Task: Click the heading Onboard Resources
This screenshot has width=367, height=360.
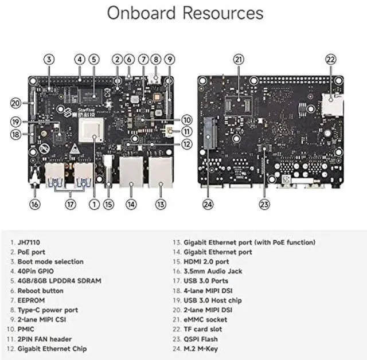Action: point(185,13)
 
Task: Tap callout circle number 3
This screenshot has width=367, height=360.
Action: point(49,59)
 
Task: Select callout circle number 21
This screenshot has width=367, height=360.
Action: point(239,59)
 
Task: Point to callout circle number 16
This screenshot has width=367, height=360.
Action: point(36,204)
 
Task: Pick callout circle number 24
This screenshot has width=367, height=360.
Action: point(207,204)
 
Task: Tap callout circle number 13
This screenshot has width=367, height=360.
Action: point(161,204)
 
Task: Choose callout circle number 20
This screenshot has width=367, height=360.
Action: point(16,103)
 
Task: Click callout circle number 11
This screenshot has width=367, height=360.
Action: point(186,131)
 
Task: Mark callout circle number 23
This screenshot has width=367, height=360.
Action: point(264,204)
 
